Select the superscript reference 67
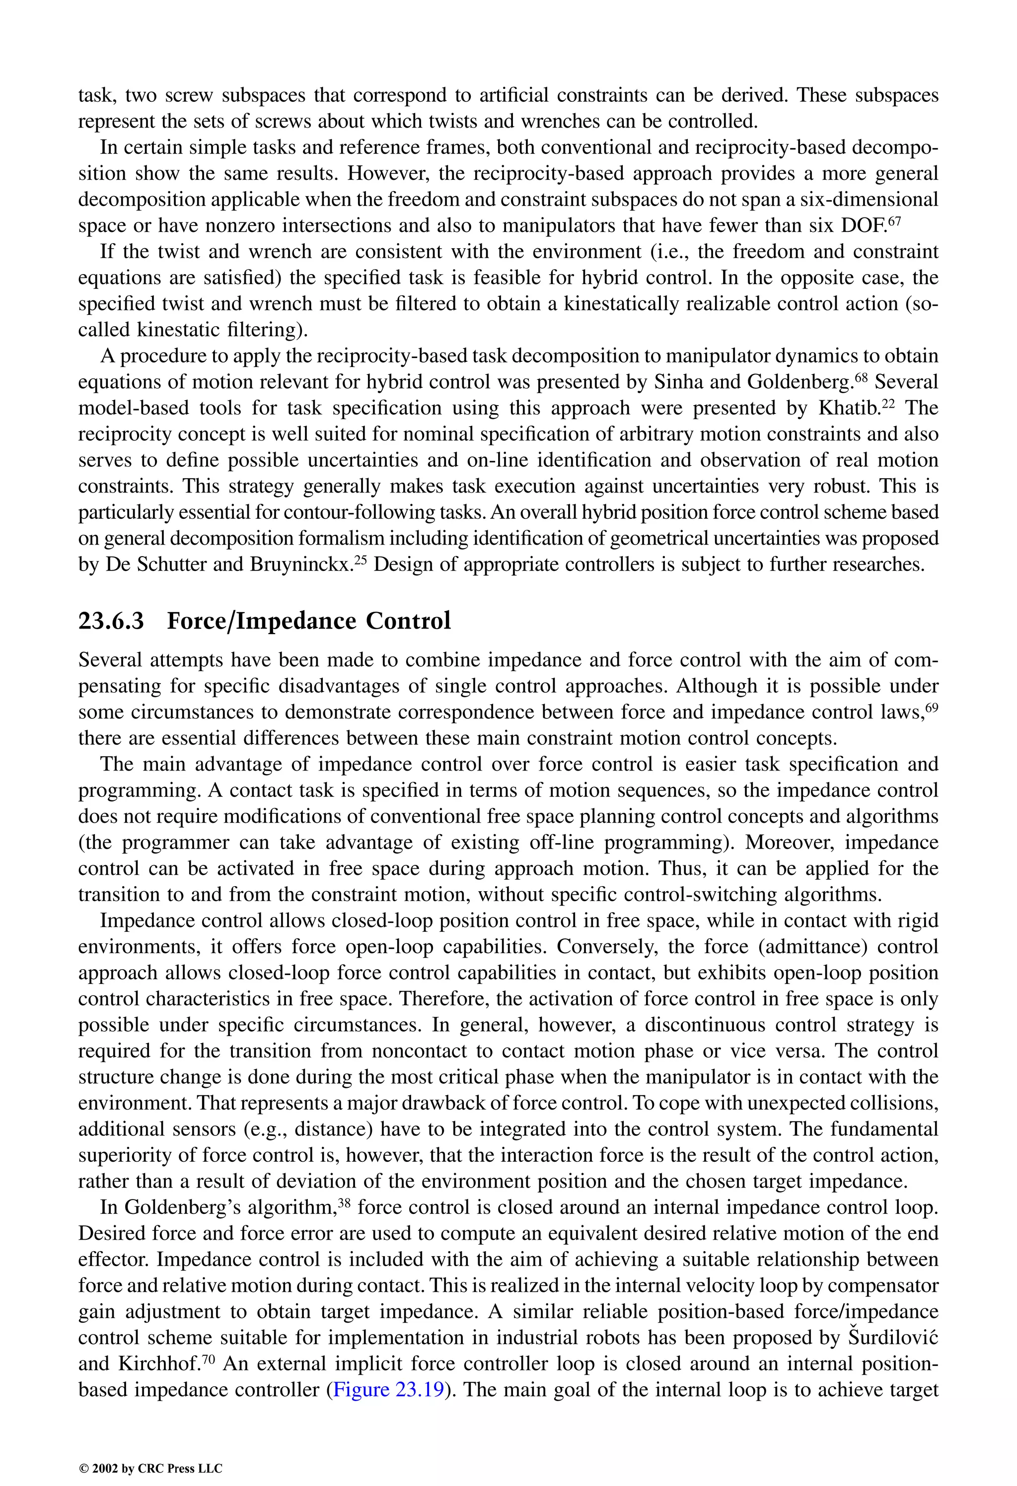pos(893,220)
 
